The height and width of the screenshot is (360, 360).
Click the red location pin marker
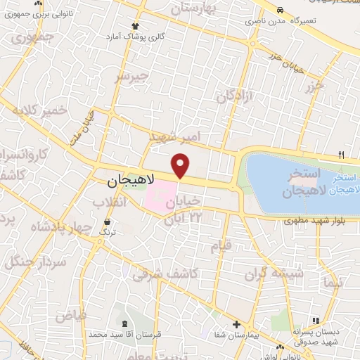[x=181, y=165]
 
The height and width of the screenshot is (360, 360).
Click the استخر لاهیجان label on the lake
[x=304, y=181]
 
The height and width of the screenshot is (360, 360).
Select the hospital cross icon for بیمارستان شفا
[x=237, y=325]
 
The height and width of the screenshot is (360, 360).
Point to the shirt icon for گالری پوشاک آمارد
[x=136, y=26]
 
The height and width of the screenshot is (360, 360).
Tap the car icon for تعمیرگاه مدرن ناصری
[x=280, y=11]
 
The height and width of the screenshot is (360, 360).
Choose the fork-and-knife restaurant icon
[x=342, y=155]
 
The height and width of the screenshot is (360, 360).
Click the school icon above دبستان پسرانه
[x=316, y=320]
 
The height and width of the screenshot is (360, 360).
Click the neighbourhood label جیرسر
[x=133, y=75]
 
